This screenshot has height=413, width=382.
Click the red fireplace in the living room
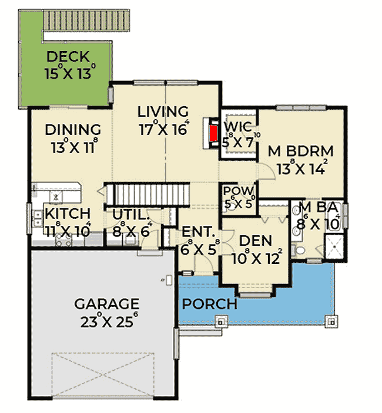[x=213, y=133]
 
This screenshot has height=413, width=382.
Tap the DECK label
[x=68, y=57]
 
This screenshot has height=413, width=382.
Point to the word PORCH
[x=209, y=304]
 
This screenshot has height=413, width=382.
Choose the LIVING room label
[x=163, y=111]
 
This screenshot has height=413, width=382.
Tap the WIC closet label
[x=239, y=127]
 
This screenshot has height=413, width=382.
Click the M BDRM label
[x=300, y=150]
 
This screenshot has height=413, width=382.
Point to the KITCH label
[x=68, y=214]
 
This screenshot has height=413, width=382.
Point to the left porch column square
[x=220, y=320]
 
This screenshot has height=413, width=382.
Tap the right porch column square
[x=332, y=320]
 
